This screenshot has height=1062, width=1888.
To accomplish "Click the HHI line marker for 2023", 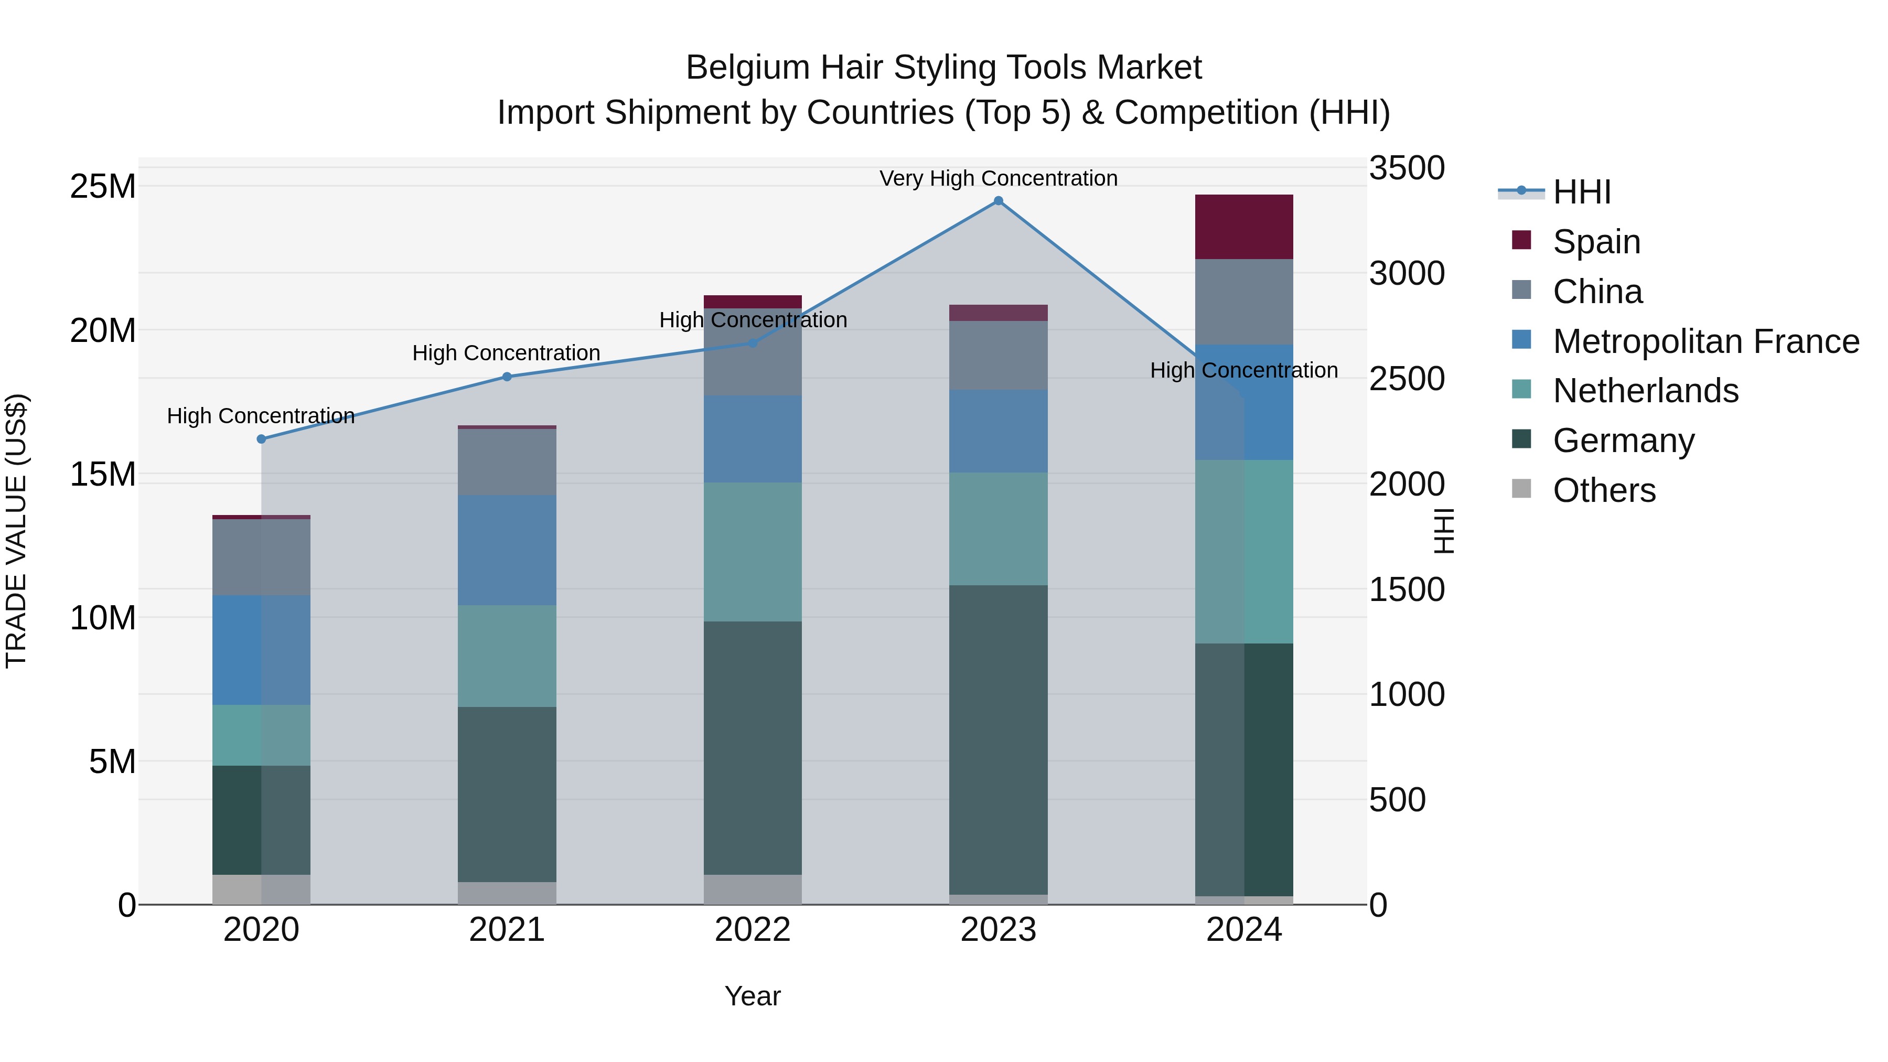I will tap(998, 201).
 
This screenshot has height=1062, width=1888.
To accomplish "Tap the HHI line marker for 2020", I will tap(262, 439).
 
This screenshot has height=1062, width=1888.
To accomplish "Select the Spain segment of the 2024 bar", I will tap(1244, 227).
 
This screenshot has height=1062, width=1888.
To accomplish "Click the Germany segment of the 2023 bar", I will tap(998, 740).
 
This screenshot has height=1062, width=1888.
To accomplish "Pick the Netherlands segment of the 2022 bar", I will tap(753, 552).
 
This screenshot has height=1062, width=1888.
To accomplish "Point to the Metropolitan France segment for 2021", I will tap(507, 550).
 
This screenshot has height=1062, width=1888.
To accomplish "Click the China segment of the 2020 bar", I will tap(262, 557).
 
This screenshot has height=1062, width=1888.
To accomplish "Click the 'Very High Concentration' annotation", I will tap(998, 179).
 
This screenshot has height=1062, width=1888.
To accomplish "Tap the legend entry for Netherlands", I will tap(1645, 391).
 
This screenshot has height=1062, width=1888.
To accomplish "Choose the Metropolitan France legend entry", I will tap(1705, 341).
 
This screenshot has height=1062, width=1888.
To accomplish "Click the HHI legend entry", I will tap(1582, 192).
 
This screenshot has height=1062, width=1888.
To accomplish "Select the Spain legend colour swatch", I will tap(1521, 240).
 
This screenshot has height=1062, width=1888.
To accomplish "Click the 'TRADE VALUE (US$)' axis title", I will tap(16, 531).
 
